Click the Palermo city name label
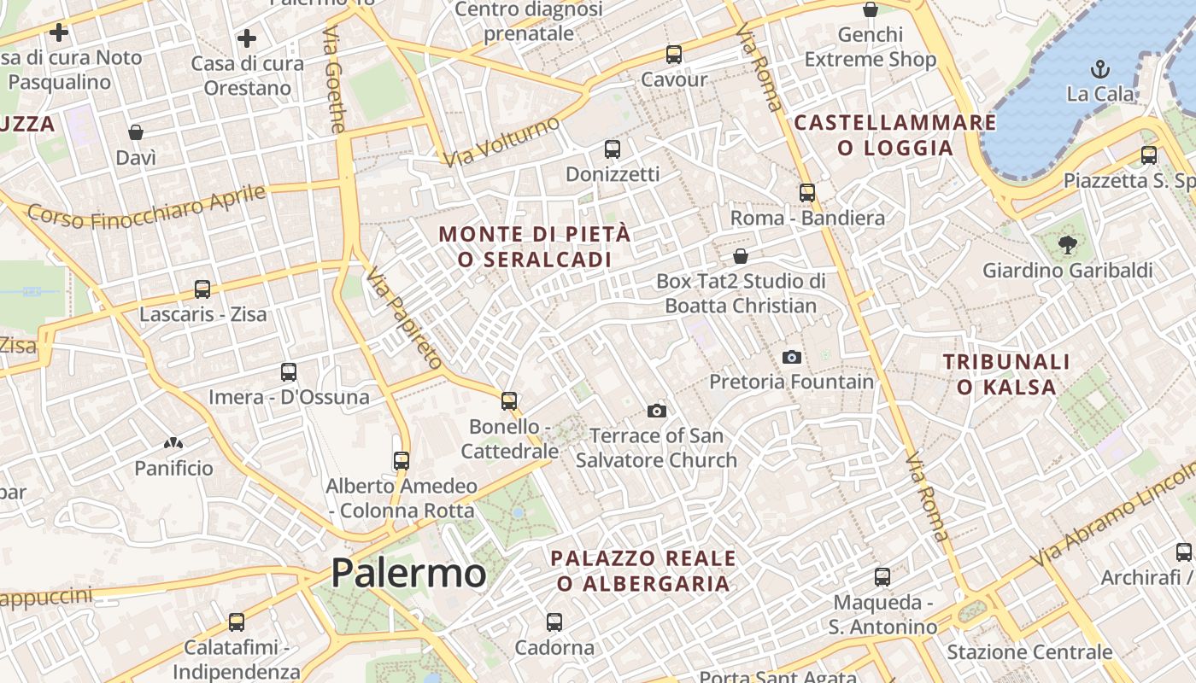tap(408, 573)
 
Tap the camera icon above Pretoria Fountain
tap(792, 357)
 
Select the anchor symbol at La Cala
tap(1100, 69)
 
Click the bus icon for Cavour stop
tap(674, 55)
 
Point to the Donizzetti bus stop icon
tap(613, 149)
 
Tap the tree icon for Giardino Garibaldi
tap(1067, 246)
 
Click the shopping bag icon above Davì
tap(136, 132)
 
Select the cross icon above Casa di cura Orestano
tap(247, 38)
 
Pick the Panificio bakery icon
tap(173, 443)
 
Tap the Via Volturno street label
tap(501, 141)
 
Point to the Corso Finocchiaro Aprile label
tap(147, 207)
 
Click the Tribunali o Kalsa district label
tap(1006, 374)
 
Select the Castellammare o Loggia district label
tap(895, 135)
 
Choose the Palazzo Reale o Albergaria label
tap(643, 571)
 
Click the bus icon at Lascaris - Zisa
tap(202, 289)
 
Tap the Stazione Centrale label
tap(1029, 652)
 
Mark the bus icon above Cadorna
tap(554, 622)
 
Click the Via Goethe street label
tap(334, 79)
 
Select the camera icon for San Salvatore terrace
tap(656, 411)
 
